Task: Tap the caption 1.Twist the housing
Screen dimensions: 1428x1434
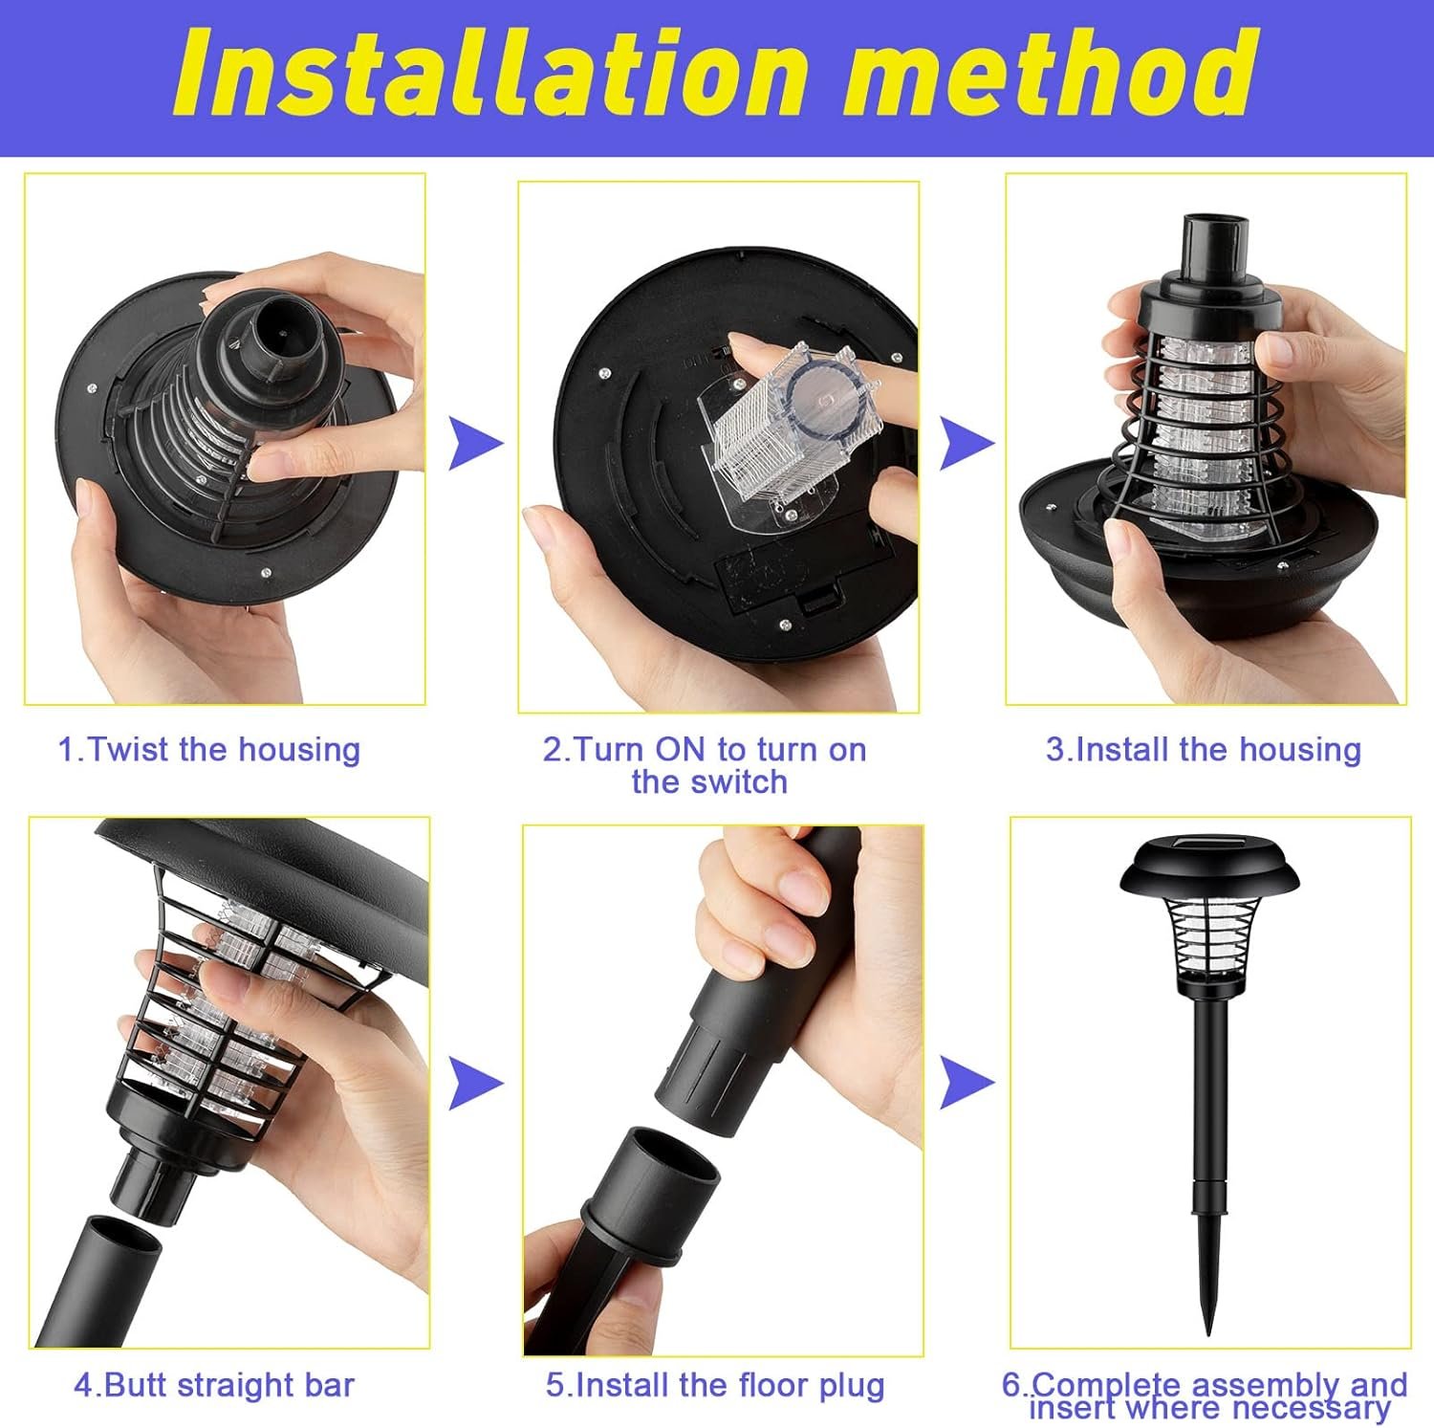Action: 209,750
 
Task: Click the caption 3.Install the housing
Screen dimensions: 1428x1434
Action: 1204,750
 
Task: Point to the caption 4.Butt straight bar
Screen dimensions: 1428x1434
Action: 214,1385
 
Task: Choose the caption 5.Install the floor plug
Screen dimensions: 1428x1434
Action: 715,1385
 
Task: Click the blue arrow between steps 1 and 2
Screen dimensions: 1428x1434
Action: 474,443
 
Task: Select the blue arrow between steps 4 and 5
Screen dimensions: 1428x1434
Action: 474,1084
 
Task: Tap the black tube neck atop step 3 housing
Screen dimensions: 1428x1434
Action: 1217,249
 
